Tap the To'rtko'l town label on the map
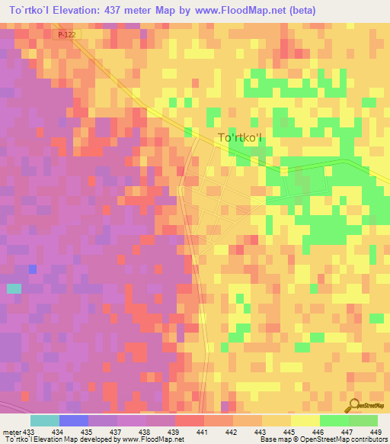point(239,138)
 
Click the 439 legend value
point(174,431)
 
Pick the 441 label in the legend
point(203,431)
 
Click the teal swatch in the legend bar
point(45,420)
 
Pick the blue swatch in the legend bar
point(74,420)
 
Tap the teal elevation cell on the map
point(14,288)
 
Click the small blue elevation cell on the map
point(32,269)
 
